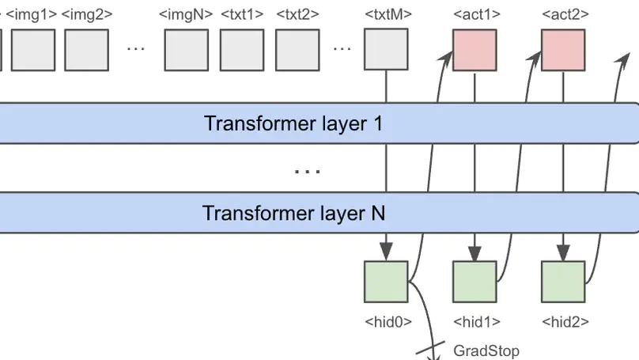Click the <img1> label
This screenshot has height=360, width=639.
click(31, 14)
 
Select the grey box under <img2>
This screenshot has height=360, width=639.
click(87, 49)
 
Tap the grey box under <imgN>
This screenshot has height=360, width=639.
click(187, 49)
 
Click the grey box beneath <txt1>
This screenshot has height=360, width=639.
click(242, 49)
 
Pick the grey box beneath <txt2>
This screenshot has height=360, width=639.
click(297, 49)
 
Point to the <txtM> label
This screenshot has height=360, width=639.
click(386, 14)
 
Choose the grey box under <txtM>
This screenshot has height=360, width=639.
click(386, 49)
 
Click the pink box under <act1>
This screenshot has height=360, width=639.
click(475, 49)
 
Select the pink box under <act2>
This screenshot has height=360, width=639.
click(563, 49)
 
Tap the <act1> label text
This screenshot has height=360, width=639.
click(475, 14)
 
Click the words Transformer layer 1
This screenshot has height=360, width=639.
click(293, 123)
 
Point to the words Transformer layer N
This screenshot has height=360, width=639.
click(293, 213)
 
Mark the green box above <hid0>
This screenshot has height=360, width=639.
click(386, 282)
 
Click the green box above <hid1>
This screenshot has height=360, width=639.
click(475, 282)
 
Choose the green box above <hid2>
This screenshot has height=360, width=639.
click(563, 282)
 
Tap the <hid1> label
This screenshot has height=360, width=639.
click(475, 322)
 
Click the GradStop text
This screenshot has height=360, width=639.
click(486, 351)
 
